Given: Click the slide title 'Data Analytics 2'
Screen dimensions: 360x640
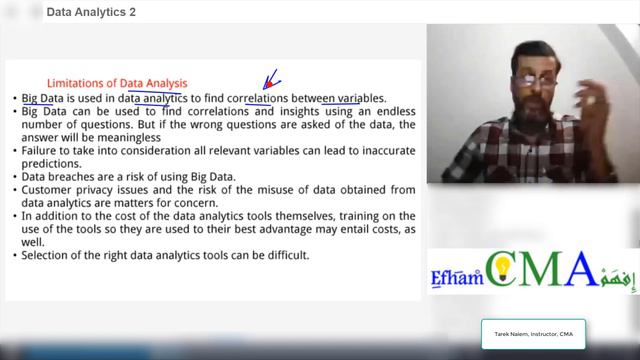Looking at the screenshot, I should tap(92, 12).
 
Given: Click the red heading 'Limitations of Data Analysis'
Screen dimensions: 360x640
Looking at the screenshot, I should tap(117, 82).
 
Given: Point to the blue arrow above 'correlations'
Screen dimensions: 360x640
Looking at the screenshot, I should tap(270, 79).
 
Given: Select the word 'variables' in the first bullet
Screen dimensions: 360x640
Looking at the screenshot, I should tap(359, 98).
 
